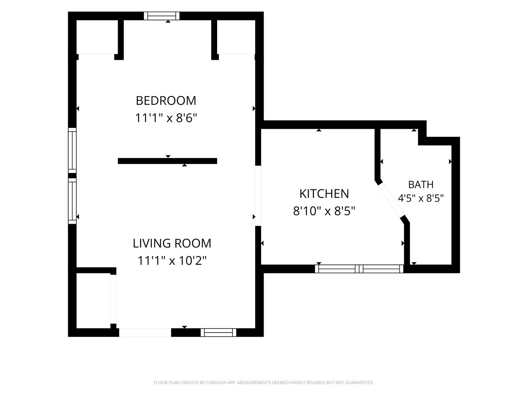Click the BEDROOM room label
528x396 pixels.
[x=166, y=100]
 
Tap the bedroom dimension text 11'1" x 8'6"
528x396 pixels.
[x=166, y=118]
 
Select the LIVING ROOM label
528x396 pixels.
[x=172, y=243]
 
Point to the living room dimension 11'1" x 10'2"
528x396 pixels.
[x=172, y=260]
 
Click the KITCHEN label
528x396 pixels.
[x=324, y=194]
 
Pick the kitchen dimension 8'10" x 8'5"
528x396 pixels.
[x=324, y=211]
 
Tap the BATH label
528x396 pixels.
[x=421, y=184]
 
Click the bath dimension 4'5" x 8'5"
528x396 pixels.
[x=421, y=198]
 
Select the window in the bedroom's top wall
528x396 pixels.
[x=162, y=16]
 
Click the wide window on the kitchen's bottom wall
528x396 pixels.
[x=359, y=268]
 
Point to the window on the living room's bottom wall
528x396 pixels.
[x=219, y=333]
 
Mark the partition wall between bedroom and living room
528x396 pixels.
[x=168, y=161]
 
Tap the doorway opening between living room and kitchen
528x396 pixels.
[x=258, y=196]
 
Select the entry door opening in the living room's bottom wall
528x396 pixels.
[x=145, y=333]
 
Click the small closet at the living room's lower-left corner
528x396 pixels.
[x=93, y=301]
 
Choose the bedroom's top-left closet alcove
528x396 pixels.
[x=97, y=37]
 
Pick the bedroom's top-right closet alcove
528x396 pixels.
[x=236, y=37]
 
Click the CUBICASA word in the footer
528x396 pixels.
[x=216, y=382]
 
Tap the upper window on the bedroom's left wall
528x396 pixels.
[x=72, y=150]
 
